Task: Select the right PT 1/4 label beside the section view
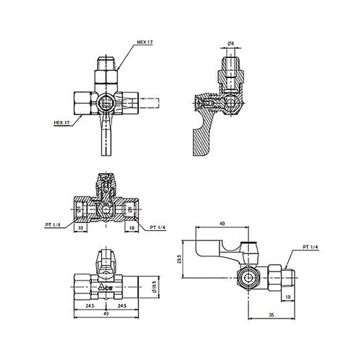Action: (158, 227)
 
